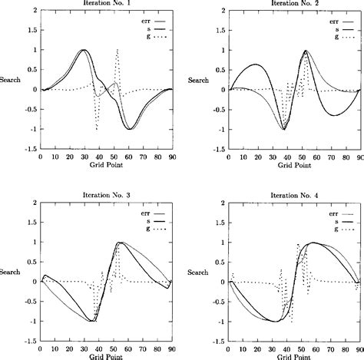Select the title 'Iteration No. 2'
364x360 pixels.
pos(293,4)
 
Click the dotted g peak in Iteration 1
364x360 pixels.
pos(117,51)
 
